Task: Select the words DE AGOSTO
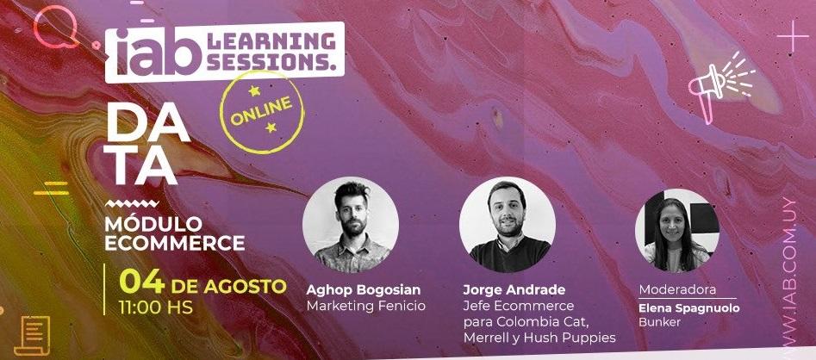pos(229,284)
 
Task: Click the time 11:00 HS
pos(156,306)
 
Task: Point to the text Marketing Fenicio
pos(366,306)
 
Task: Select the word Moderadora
pos(677,290)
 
